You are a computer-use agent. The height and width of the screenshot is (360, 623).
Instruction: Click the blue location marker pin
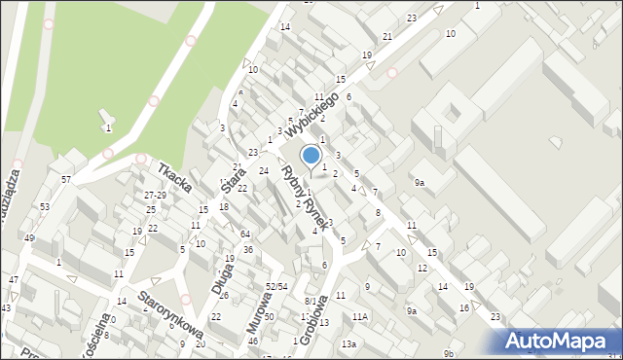[x=311, y=156]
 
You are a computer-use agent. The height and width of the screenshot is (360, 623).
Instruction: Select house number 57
[x=66, y=180]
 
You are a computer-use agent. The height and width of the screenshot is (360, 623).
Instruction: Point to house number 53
[x=45, y=207]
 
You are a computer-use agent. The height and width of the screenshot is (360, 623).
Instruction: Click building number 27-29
[x=156, y=196]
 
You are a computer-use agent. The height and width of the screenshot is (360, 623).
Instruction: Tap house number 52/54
[x=276, y=286]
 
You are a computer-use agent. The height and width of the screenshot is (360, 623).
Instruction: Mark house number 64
[x=245, y=234]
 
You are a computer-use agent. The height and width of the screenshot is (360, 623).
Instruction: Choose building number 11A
[x=361, y=317]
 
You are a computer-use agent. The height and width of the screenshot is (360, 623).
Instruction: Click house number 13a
[x=348, y=344]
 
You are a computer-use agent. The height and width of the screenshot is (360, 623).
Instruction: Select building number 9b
[x=449, y=352]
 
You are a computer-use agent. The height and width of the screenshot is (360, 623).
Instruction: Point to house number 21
[x=387, y=37]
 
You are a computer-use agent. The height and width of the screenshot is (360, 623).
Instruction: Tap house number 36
[x=248, y=250]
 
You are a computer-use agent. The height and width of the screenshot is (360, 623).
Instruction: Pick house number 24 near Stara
[x=263, y=171]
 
